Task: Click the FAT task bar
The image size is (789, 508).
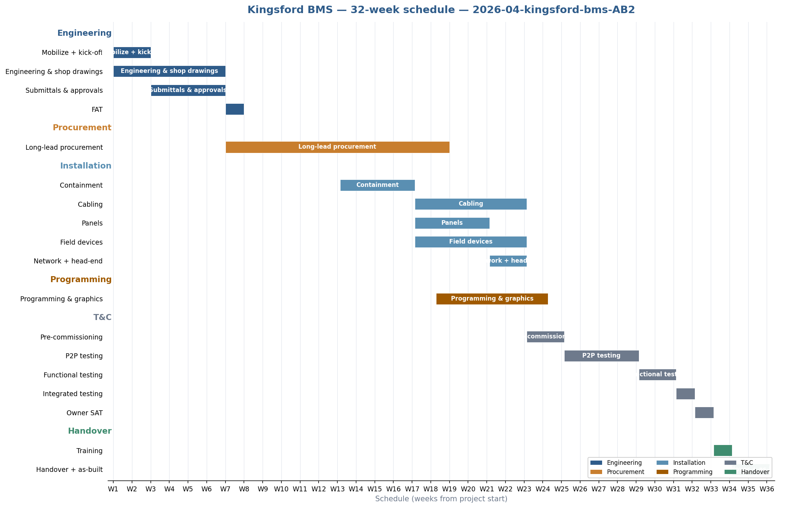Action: coord(235,109)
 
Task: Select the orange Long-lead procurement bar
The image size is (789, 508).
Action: coord(337,147)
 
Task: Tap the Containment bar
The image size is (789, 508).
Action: coord(377,185)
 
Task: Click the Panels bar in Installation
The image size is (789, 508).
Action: coord(452,223)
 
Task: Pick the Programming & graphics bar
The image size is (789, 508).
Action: coord(492,299)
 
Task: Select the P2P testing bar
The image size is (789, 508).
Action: coord(601,356)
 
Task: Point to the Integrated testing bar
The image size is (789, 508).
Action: coord(685,394)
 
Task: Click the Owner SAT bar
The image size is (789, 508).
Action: coord(704,413)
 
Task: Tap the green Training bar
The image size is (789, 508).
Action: coord(723,451)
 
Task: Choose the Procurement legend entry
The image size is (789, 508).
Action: coord(625,472)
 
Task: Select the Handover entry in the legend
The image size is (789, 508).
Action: coord(755,472)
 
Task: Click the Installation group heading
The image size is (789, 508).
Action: coord(86,166)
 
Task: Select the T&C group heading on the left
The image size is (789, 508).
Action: coord(102,317)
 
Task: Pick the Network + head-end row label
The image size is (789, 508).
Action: coord(68,261)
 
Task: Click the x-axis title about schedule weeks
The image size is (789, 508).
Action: coord(441,499)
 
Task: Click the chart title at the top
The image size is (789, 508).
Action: coord(441,10)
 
